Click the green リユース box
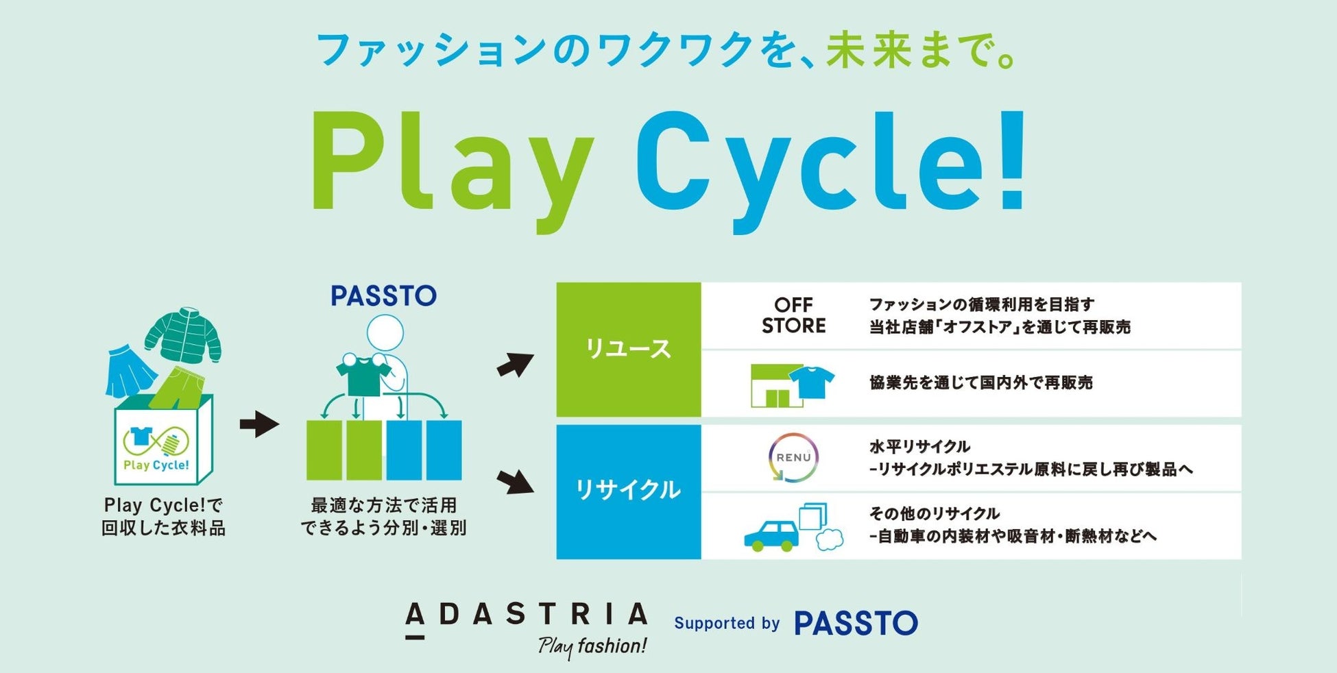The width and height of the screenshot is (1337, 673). coord(628,350)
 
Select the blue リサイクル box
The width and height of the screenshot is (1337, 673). coord(628,491)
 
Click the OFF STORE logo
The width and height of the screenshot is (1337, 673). coord(794,315)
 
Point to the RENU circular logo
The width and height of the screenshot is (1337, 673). coord(793,457)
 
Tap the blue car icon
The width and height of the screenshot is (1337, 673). coord(772,536)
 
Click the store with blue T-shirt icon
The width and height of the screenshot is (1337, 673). coord(793,385)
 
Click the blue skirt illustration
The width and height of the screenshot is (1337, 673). coord(130,371)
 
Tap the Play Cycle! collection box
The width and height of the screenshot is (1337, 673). coord(164,439)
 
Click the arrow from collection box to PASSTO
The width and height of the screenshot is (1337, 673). coord(259,424)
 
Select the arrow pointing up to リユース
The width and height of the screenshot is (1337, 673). coord(516,365)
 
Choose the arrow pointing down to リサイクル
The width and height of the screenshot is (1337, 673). coord(516,481)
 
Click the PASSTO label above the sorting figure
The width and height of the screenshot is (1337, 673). coord(383,296)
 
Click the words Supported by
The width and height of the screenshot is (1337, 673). coord(727,623)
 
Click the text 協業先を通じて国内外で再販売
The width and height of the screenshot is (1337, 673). coord(980,383)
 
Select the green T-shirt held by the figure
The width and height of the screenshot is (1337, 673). coord(363,375)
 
